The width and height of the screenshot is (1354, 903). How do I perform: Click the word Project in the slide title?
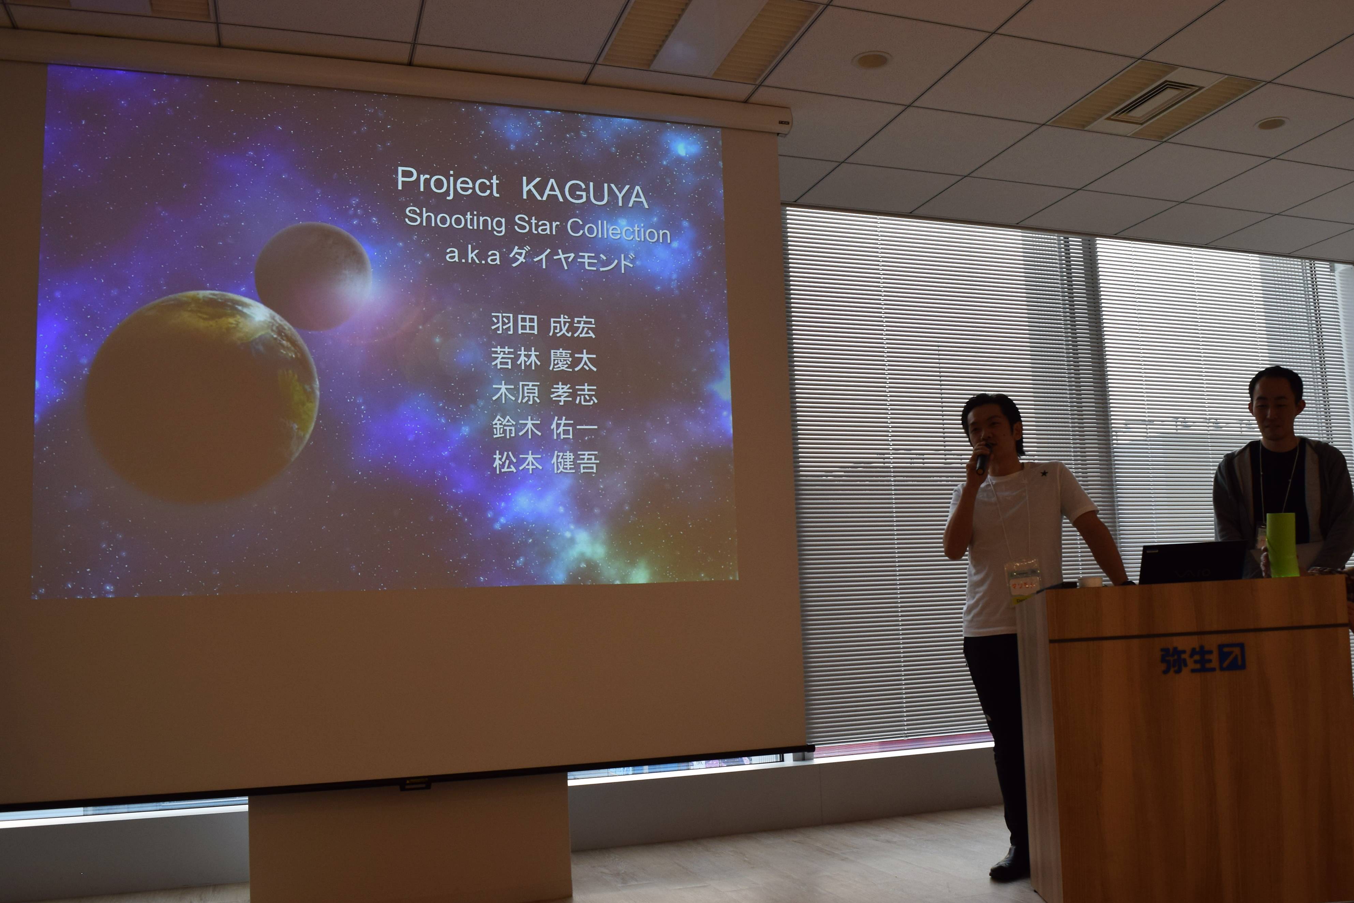tap(448, 183)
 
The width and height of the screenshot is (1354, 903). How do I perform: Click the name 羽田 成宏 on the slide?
tap(543, 325)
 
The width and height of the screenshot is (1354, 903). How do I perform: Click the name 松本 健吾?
tap(546, 462)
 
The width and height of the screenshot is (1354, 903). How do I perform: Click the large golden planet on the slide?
tap(202, 396)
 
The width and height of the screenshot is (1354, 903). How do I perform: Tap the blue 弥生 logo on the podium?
tap(1203, 658)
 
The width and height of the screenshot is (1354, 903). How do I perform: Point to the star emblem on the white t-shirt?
tap(1043, 473)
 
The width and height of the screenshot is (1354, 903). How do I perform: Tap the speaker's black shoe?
tap(1010, 864)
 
